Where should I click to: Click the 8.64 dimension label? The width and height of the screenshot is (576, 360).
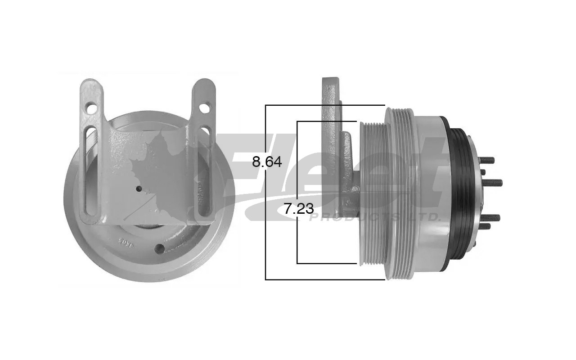point(267,162)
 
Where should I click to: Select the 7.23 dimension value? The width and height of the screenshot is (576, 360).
point(298,208)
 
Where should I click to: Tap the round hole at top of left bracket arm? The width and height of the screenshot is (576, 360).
point(91,108)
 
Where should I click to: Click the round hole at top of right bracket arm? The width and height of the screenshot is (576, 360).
point(204,108)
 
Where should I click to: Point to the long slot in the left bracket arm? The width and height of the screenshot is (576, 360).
point(90,171)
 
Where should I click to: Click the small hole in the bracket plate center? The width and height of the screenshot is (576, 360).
point(139,188)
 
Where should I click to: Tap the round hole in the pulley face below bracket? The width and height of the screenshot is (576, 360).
point(159,248)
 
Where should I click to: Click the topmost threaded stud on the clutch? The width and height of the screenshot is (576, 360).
point(487,160)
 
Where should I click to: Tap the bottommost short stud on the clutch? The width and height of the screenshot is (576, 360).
point(485,226)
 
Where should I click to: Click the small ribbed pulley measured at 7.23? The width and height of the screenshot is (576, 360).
point(373,193)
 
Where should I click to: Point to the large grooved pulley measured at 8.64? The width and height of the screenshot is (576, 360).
point(398,193)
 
